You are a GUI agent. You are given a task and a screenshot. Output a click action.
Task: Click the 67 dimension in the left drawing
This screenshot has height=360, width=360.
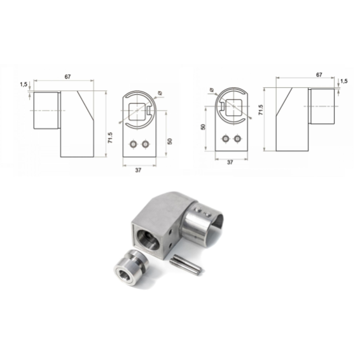pyautogui.click(x=67, y=77)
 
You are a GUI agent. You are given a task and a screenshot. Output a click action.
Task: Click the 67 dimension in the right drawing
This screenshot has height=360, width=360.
pyautogui.click(x=319, y=75)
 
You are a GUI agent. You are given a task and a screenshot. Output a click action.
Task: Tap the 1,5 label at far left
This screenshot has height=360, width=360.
pyautogui.click(x=24, y=85)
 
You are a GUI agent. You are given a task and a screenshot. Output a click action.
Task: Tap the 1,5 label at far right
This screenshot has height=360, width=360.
pyautogui.click(x=344, y=81)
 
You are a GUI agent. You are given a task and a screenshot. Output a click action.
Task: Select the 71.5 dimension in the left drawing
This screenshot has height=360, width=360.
pyautogui.click(x=110, y=138)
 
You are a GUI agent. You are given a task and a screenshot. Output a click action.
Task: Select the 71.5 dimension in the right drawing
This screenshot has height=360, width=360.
pyautogui.click(x=261, y=110)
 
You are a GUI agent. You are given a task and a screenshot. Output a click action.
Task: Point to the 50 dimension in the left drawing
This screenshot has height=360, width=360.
pyautogui.click(x=170, y=141)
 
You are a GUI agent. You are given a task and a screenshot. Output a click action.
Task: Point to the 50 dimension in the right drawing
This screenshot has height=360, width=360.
pyautogui.click(x=203, y=127)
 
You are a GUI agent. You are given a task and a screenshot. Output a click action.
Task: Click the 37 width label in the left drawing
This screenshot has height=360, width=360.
pyautogui.click(x=138, y=170)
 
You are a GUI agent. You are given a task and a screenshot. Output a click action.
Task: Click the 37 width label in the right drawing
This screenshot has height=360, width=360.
pyautogui.click(x=230, y=162)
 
